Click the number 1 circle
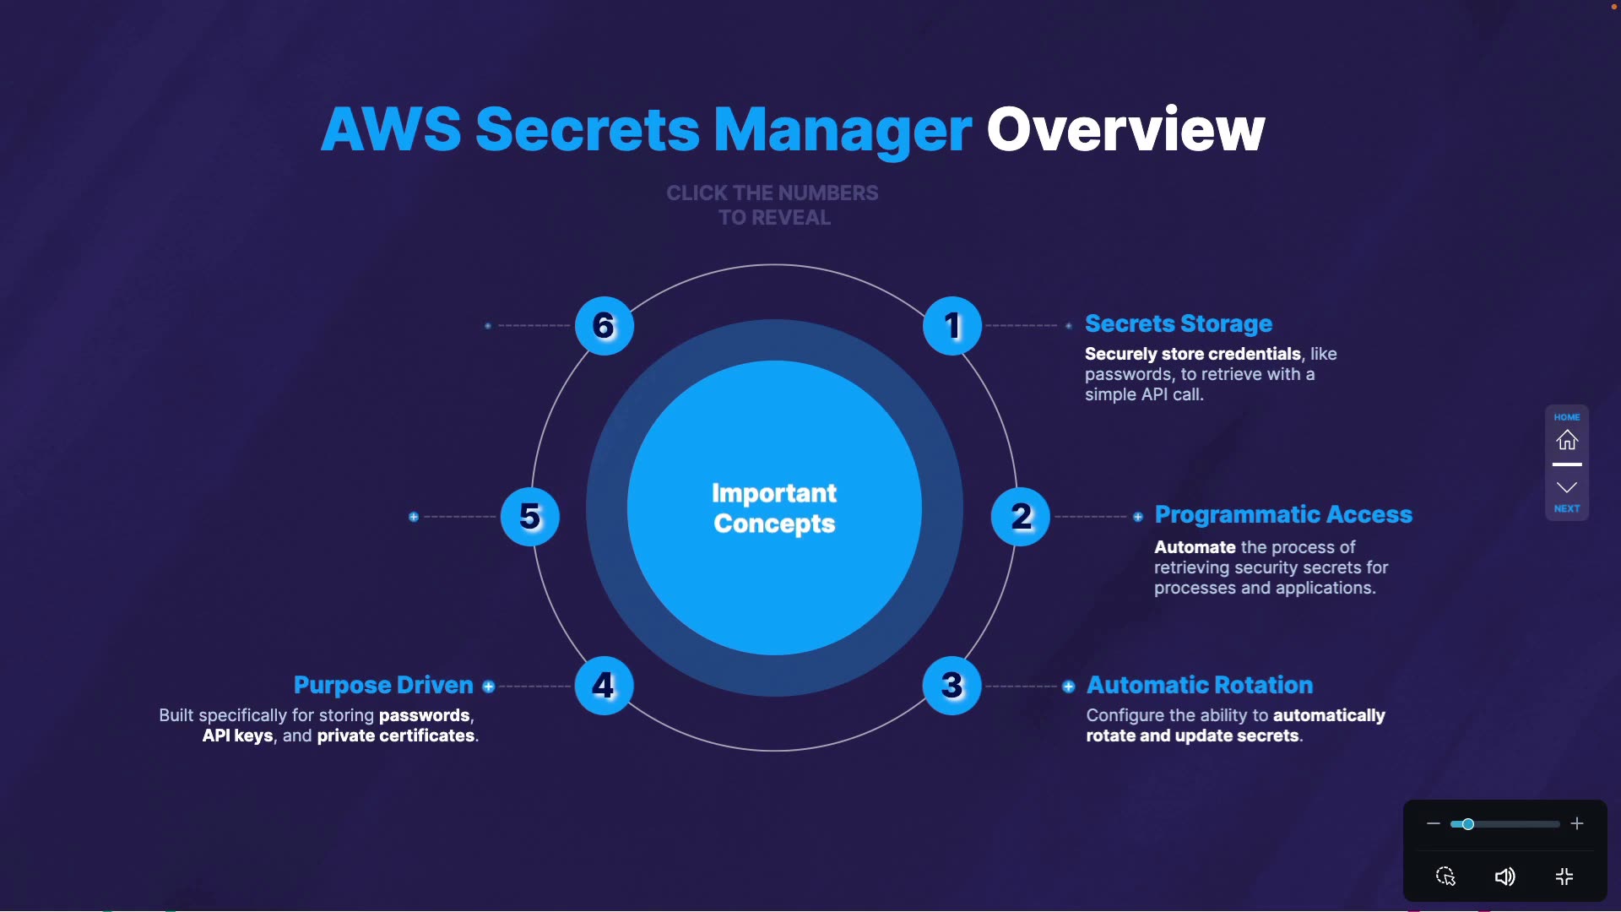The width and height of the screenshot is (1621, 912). point(952,326)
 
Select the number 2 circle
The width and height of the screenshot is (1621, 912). point(1021,517)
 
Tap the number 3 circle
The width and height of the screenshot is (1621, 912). point(952,686)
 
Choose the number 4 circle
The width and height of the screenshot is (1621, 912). point(604,686)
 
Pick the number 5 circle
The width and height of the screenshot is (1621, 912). point(530,517)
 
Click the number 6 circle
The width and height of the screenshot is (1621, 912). point(604,326)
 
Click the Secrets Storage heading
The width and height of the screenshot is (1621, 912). point(1178,323)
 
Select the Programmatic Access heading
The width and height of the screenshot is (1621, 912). point(1282,514)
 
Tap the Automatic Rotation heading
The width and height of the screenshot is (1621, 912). point(1199,685)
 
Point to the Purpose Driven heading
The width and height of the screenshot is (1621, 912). point(383,685)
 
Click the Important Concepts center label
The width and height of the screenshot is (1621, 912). point(774,508)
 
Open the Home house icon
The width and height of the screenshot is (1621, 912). point(1567,440)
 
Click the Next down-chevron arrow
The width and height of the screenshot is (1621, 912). point(1567,487)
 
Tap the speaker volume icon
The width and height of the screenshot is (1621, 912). point(1504,877)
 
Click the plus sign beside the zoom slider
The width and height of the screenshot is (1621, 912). point(1577,823)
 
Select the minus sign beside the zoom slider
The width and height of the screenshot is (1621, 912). point(1433,823)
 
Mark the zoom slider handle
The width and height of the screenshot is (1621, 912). point(1468,824)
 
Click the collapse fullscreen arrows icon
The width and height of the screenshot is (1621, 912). point(1564,877)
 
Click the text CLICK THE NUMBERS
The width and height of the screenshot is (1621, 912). point(772,193)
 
